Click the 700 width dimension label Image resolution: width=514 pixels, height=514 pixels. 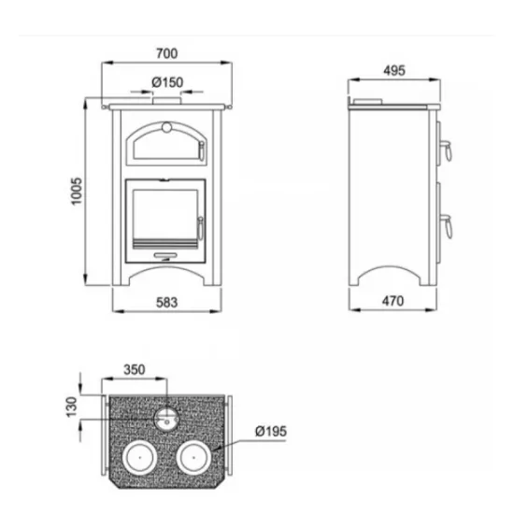167,53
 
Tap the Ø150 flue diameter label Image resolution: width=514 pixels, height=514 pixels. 167,82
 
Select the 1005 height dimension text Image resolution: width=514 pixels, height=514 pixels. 77,192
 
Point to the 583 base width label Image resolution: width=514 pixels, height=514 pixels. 167,303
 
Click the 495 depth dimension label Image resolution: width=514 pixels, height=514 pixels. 394,70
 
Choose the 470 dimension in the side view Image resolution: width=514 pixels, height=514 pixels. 393,301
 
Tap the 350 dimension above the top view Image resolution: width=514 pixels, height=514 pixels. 134,370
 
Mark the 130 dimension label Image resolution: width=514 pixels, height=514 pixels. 71,407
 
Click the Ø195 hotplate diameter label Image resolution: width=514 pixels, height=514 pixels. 271,432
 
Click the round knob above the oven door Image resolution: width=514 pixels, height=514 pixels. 166,127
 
